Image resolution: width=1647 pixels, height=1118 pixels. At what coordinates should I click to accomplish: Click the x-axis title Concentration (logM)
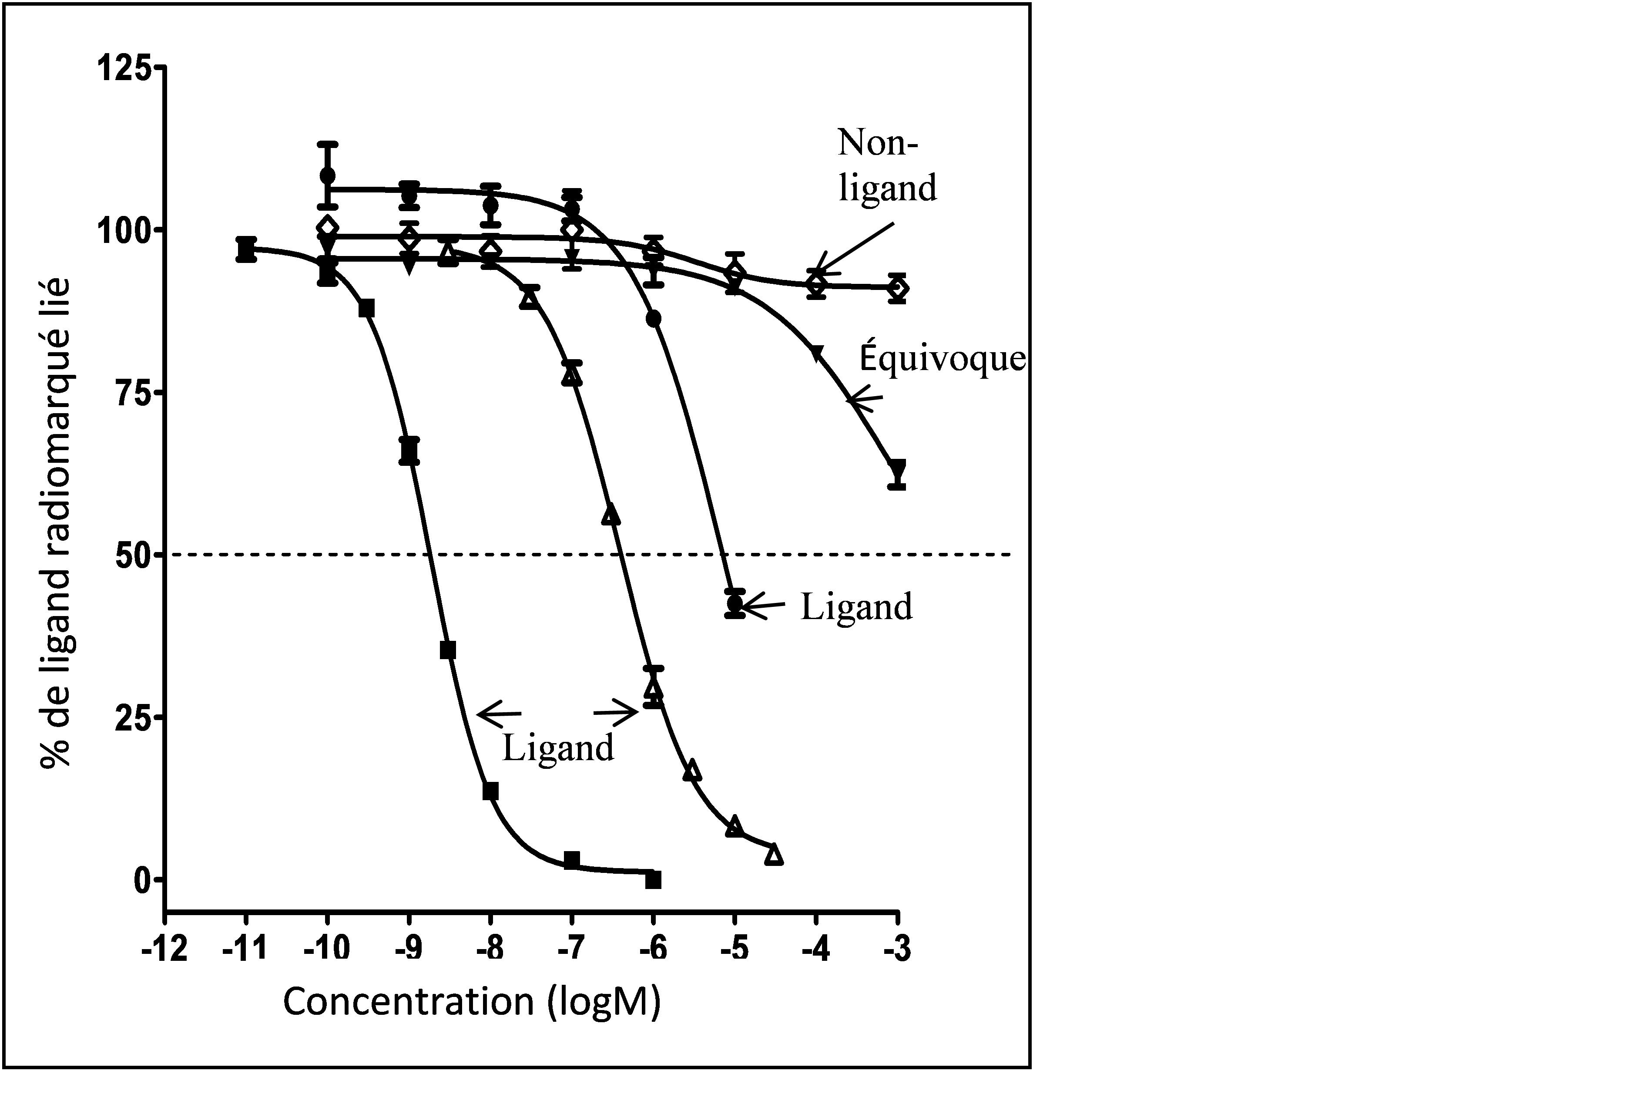click(472, 1002)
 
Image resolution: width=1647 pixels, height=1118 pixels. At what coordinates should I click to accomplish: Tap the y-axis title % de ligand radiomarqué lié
click(57, 523)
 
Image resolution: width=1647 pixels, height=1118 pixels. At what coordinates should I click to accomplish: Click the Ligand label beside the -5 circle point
click(856, 607)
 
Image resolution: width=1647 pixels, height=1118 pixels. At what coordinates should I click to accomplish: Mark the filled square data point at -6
click(654, 880)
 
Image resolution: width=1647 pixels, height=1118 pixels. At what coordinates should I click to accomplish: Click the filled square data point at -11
click(246, 249)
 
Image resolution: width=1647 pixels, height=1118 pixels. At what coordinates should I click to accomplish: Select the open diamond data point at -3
click(898, 289)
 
